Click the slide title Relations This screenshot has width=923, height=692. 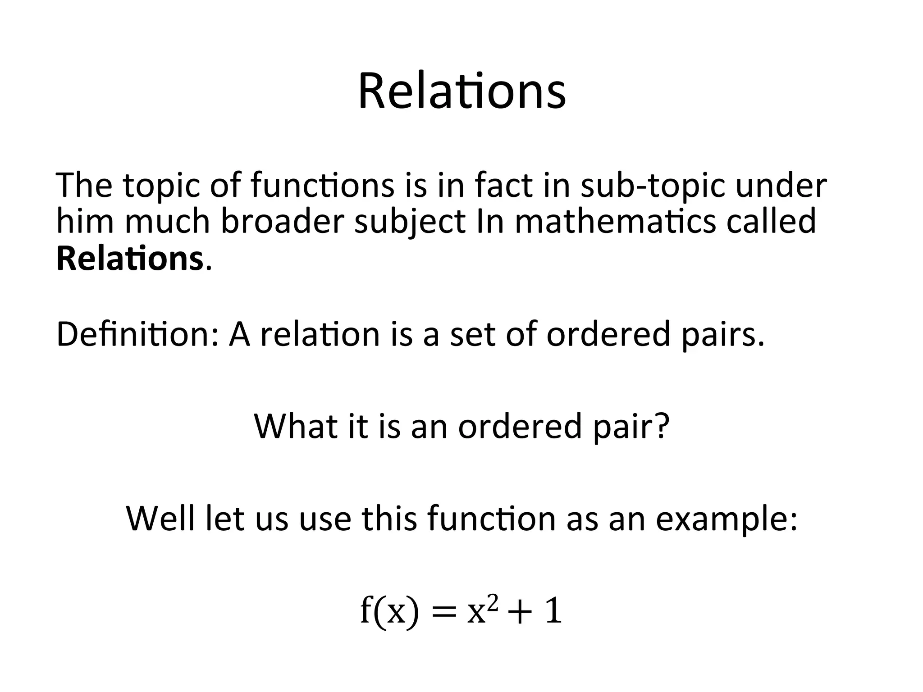(x=461, y=92)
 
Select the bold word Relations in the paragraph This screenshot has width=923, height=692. (x=130, y=259)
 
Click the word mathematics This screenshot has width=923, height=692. (x=615, y=222)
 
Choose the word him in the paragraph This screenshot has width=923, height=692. (x=85, y=222)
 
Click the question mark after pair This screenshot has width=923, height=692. (x=661, y=426)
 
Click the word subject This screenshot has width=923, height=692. (x=409, y=223)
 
